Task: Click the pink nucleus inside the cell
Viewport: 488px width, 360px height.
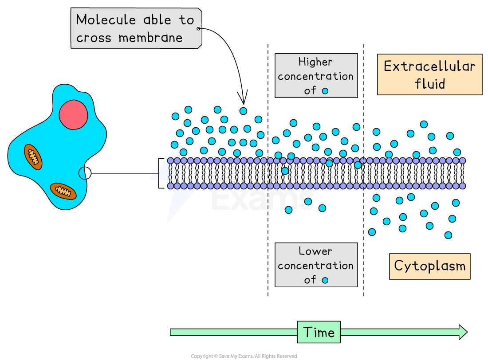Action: (73, 114)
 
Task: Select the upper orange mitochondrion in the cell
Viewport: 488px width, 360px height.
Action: (33, 157)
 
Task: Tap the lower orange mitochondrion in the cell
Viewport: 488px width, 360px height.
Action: (63, 191)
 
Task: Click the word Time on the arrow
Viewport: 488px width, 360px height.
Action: (319, 332)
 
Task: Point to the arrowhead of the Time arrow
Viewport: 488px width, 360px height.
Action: (463, 332)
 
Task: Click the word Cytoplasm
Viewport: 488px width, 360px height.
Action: (429, 266)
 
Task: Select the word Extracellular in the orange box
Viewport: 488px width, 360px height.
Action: (429, 67)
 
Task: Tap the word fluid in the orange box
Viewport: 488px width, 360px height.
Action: (429, 84)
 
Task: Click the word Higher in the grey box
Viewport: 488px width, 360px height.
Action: (315, 62)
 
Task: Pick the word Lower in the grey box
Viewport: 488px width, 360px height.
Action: (315, 251)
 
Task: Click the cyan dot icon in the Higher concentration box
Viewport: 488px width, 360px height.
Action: (325, 91)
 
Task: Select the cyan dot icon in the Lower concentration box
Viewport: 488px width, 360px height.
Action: (325, 280)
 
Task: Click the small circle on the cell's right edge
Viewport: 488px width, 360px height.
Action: (83, 173)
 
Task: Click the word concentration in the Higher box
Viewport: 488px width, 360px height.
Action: (315, 76)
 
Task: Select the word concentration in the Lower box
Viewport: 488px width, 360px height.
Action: (315, 266)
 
